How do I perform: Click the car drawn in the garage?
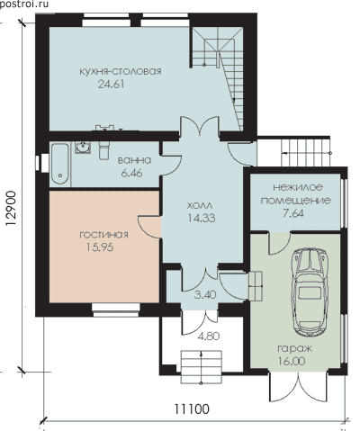point(311,292)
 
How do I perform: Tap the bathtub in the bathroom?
point(60,164)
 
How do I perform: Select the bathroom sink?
point(83,148)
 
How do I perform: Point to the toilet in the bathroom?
point(103,150)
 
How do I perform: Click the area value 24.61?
point(111,85)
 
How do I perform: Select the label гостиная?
point(103,234)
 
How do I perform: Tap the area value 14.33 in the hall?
point(202,218)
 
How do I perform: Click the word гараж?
point(295,349)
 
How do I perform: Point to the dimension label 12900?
point(11,209)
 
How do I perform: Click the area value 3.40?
point(205,295)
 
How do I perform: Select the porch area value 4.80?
point(209,336)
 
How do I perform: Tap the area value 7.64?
point(293,213)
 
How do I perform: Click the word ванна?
point(134,160)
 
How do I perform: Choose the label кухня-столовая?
point(121,71)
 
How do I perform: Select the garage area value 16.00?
point(292,361)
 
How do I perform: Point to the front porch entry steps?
point(201,366)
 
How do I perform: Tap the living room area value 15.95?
point(100,247)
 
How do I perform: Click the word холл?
point(200,206)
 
